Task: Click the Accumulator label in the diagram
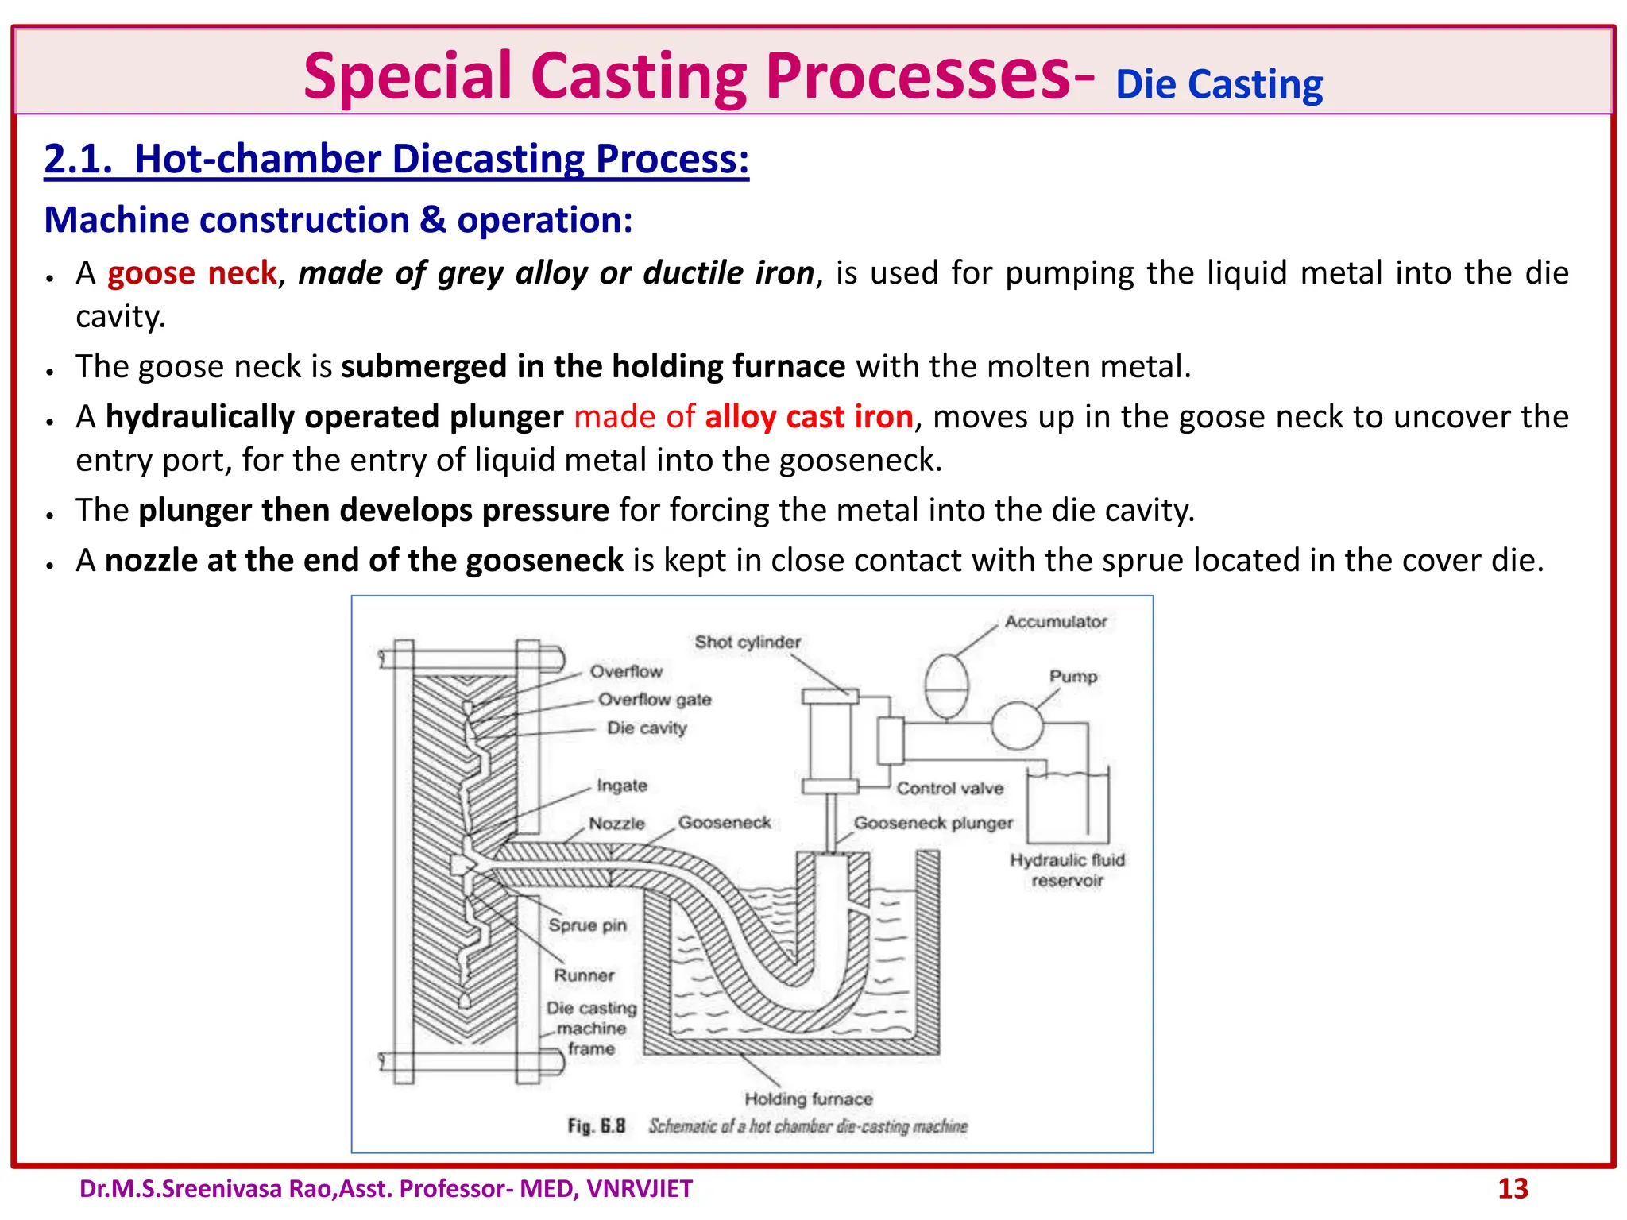click(x=1055, y=622)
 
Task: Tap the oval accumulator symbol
click(x=946, y=685)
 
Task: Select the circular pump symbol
click(x=1017, y=725)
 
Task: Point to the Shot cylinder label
click(x=748, y=642)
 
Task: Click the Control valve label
click(x=950, y=789)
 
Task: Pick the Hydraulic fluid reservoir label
click(x=1067, y=870)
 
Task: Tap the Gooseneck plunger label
click(x=933, y=823)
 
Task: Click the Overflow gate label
click(x=655, y=700)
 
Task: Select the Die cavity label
click(x=647, y=728)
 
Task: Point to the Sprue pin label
click(x=587, y=925)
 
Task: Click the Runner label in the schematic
click(x=584, y=975)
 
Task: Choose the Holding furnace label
click(x=809, y=1099)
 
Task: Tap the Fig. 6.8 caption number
click(x=597, y=1126)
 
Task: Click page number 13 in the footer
click(x=1513, y=1189)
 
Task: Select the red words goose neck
click(x=191, y=273)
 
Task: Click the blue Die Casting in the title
click(x=1219, y=85)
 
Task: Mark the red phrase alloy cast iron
click(x=809, y=417)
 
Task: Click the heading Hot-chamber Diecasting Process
click(x=396, y=159)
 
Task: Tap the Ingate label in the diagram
click(x=622, y=786)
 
